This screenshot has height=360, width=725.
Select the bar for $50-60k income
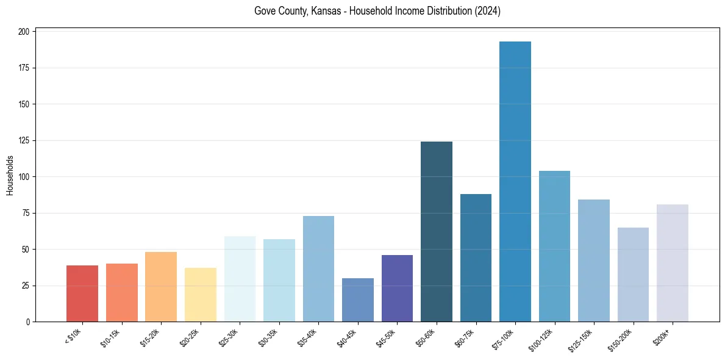437,231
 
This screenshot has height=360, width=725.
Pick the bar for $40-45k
358,300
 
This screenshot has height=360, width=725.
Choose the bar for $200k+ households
673,263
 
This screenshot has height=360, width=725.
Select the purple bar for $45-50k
397,288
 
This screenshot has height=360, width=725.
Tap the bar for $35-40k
318,268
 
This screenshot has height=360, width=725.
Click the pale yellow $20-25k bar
201,295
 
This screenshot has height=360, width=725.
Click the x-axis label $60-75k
464,337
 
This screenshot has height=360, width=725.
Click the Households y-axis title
10,175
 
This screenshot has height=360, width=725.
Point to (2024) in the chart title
487,11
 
